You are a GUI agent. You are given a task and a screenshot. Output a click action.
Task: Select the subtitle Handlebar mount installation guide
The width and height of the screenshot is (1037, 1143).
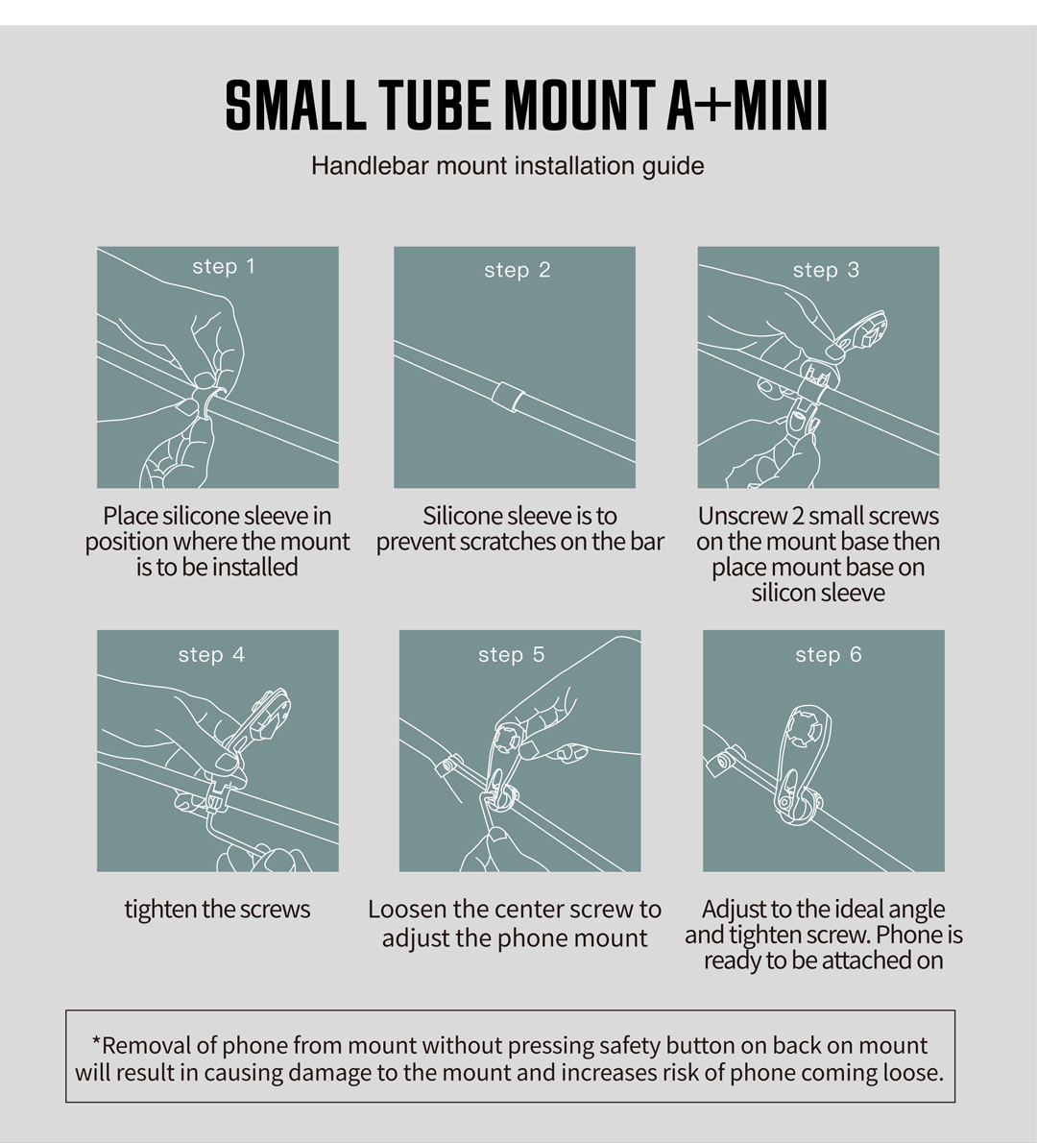(x=507, y=165)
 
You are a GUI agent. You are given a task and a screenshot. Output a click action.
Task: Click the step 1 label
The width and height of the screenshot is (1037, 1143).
(x=223, y=266)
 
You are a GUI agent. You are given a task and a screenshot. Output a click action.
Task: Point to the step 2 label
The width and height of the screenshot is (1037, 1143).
(x=517, y=270)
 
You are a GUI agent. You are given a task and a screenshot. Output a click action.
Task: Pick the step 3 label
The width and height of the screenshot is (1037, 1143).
(x=825, y=270)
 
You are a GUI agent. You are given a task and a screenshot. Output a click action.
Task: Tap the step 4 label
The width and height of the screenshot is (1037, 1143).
(x=211, y=654)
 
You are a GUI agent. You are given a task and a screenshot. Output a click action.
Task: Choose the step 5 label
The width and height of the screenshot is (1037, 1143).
(x=511, y=654)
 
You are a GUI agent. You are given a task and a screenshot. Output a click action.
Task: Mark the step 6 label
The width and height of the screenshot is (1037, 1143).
(x=828, y=654)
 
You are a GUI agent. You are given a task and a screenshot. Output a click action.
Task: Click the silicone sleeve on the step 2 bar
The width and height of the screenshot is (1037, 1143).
(x=508, y=397)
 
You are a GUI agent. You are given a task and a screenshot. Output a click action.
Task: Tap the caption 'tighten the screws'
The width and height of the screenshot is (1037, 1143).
(x=217, y=909)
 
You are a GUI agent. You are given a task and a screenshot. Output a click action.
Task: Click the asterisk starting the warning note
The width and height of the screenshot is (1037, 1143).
(x=96, y=1044)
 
